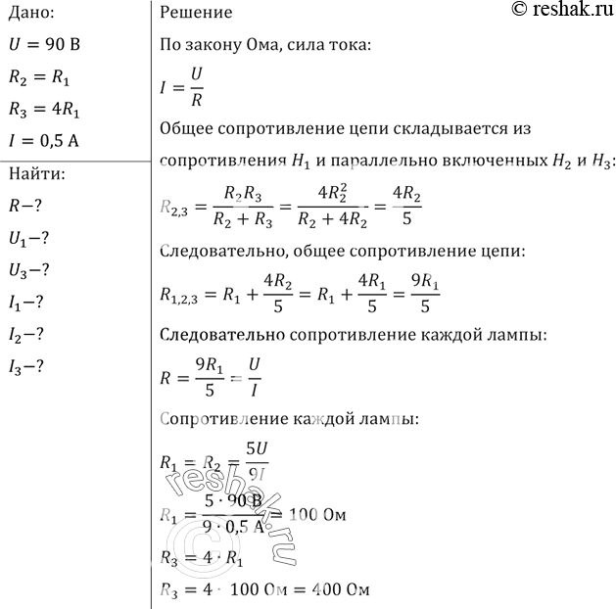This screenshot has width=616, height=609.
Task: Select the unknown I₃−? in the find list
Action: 28,366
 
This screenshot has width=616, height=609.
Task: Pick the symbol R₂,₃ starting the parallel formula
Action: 175,207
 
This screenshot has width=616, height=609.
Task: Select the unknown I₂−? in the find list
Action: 28,334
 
